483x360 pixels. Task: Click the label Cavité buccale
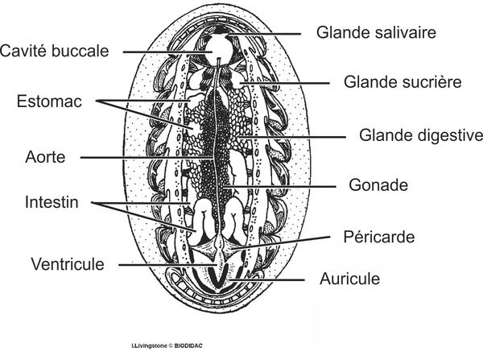coord(54,51)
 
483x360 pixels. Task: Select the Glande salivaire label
coord(376,32)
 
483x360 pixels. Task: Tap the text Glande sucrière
coord(402,82)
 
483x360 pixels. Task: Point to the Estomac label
coord(49,101)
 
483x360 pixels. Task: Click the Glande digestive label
coord(421,135)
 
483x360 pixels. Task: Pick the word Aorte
coord(45,157)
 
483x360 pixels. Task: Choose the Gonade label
coord(378,185)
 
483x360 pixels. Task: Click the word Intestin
coord(52,202)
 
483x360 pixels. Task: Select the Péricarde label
coord(379,237)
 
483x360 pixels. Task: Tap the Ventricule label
coord(68,264)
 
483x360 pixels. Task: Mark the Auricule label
coord(349,279)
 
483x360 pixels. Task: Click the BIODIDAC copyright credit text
coord(167,346)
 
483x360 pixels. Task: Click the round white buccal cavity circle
coord(218,49)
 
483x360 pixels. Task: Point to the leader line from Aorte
coord(147,158)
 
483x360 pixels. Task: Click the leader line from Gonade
coord(279,186)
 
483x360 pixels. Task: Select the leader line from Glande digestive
coord(292,137)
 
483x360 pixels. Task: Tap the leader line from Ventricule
coord(168,265)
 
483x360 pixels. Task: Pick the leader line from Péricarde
coord(281,242)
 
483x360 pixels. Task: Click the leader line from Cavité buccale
coord(167,52)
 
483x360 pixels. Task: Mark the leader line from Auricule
coord(267,279)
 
